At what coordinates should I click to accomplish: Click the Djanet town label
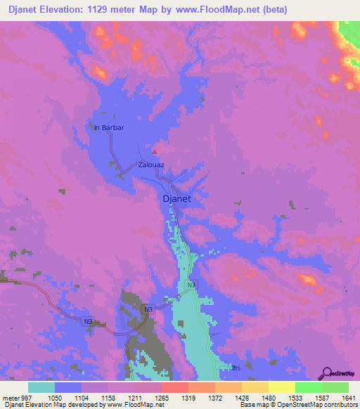pyautogui.click(x=177, y=199)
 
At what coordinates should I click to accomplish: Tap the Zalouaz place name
pyautogui.click(x=151, y=165)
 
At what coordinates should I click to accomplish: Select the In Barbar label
pyautogui.click(x=109, y=128)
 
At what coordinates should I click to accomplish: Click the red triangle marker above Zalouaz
pyautogui.click(x=155, y=150)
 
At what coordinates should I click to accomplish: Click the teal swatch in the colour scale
pyautogui.click(x=41, y=387)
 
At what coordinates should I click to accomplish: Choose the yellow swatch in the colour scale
pyautogui.click(x=281, y=387)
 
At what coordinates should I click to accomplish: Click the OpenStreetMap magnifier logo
pyautogui.click(x=327, y=374)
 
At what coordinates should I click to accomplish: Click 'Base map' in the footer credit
pyautogui.click(x=252, y=405)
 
